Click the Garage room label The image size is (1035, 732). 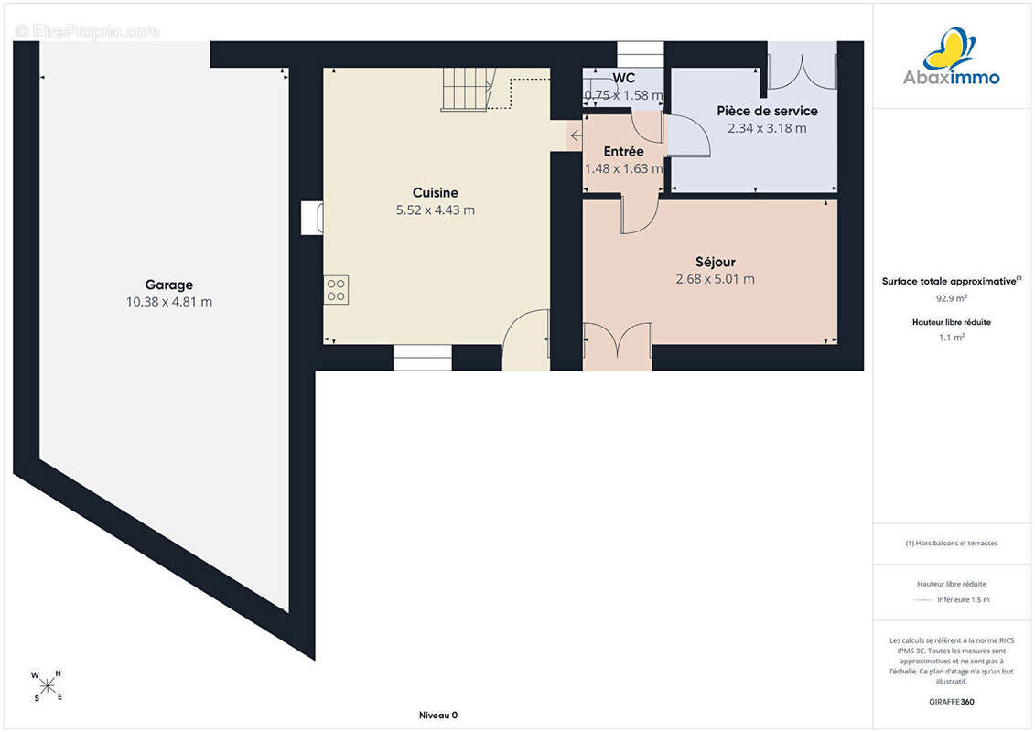coord(169,285)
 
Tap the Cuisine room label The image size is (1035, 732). coord(435,193)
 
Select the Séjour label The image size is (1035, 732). coord(715,262)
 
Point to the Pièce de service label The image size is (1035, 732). coord(767,111)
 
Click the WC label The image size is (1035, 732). coord(623,78)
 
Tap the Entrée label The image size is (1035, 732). coord(623,151)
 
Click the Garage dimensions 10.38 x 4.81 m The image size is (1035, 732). coord(169,302)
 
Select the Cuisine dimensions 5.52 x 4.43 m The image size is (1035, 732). coord(435,210)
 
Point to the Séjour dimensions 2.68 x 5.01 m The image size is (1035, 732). coord(715,279)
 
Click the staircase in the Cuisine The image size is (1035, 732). coord(468,89)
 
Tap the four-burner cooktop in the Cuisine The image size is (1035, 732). coord(336,290)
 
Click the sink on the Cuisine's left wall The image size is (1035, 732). coord(312,218)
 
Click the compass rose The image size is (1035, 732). coord(47,686)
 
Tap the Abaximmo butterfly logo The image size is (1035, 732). coord(949,48)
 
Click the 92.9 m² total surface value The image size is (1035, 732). coord(951,298)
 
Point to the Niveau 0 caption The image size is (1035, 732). coord(438,716)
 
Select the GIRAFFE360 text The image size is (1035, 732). coord(951,702)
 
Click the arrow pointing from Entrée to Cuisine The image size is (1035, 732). coord(577,136)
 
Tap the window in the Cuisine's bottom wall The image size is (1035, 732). coord(423,358)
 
